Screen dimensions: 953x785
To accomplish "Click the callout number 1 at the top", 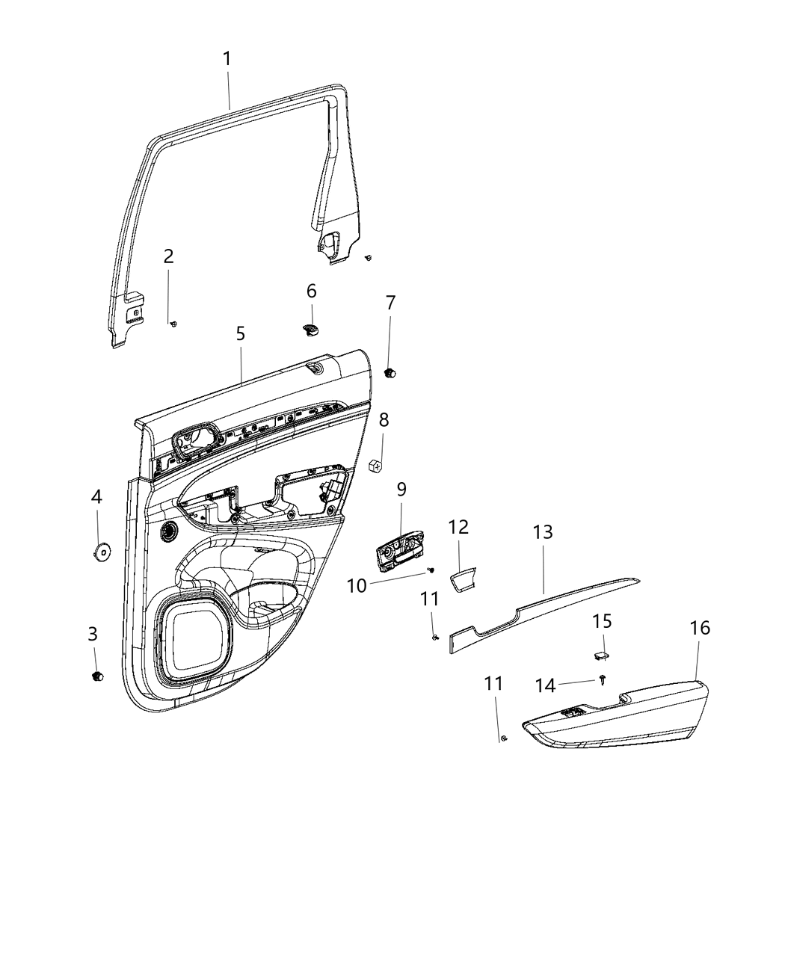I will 227,58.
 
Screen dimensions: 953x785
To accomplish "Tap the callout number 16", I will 700,628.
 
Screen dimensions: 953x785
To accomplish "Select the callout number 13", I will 543,532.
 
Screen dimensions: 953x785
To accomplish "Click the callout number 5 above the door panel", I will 241,333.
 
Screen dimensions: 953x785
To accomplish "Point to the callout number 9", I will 401,490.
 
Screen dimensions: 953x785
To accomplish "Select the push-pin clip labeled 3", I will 96,676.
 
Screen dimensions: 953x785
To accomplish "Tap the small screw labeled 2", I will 173,323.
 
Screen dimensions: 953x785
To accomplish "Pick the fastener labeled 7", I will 390,371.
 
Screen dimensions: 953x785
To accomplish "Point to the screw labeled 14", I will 603,678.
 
